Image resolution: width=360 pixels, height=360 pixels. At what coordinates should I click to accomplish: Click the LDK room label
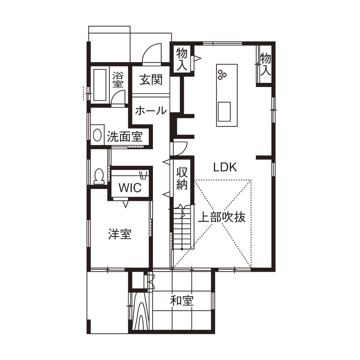tap(225, 168)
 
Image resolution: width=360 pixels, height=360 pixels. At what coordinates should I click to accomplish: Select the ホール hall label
tap(151, 111)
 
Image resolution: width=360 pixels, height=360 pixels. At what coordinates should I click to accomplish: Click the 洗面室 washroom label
tap(124, 137)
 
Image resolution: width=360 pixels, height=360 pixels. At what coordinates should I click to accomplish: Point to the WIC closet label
tap(130, 188)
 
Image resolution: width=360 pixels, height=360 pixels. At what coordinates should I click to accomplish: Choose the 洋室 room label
tap(120, 234)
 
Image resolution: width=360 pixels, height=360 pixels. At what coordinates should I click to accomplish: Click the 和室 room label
tap(182, 301)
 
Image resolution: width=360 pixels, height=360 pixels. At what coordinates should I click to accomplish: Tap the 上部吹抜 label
tap(222, 217)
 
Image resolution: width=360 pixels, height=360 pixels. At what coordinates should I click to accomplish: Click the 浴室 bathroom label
tap(118, 80)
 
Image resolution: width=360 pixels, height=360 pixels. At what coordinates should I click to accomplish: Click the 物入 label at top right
tap(266, 64)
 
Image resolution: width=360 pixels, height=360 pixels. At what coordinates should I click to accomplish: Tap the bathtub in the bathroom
tap(100, 85)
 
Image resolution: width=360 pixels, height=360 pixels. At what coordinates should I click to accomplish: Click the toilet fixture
tap(99, 176)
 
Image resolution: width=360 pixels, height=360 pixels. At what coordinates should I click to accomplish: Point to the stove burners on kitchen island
tap(222, 75)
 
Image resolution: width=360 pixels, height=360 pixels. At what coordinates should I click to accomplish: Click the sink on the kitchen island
tap(224, 112)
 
